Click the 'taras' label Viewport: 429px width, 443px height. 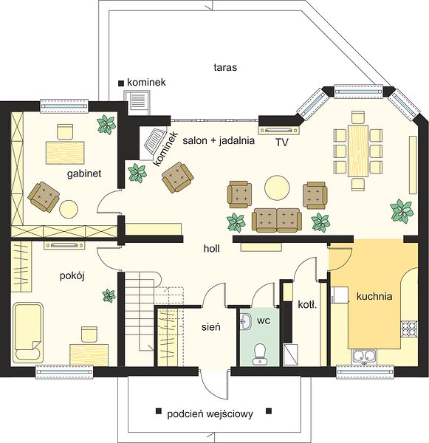[225, 67]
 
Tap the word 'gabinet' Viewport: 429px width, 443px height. [84, 174]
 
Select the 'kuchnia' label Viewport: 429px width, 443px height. [374, 296]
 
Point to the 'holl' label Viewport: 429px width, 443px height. [212, 249]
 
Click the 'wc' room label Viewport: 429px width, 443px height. [264, 320]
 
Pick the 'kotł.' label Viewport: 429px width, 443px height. [307, 304]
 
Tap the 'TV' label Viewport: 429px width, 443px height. [282, 142]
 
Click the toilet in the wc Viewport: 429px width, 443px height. [259, 354]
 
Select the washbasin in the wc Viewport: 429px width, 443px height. [246, 321]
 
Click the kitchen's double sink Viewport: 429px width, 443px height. [364, 357]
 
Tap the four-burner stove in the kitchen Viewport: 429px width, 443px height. [409, 328]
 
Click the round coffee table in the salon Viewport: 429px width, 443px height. [277, 188]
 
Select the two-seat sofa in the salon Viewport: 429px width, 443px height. [277, 220]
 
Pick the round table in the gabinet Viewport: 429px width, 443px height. [69, 209]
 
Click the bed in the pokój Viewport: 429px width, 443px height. [28, 334]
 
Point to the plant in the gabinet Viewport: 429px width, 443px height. [106, 124]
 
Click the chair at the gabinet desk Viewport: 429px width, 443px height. [66, 132]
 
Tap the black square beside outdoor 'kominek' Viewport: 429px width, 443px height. [121, 83]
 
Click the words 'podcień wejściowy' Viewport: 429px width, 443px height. [210, 414]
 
